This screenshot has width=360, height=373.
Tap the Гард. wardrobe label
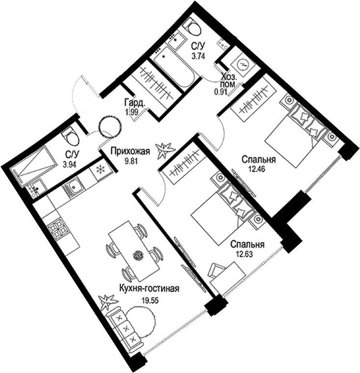point(134,103)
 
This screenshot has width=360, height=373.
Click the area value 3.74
point(198,56)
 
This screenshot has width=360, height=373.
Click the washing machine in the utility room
point(242,64)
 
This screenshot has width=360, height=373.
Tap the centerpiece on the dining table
point(138,255)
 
